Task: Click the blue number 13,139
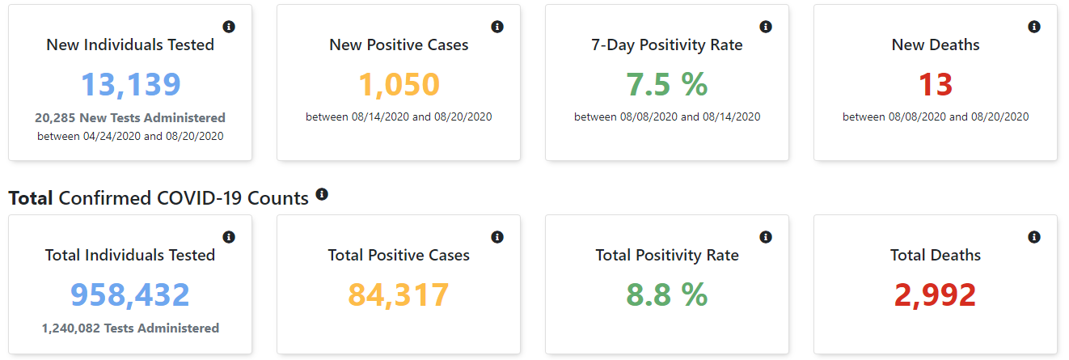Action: tap(130, 85)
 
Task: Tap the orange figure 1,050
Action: tap(399, 85)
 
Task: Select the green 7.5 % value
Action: tap(667, 85)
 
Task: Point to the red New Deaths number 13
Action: tap(936, 85)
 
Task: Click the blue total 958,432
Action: tap(130, 295)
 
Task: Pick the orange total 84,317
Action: tap(399, 295)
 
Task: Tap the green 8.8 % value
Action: tap(667, 295)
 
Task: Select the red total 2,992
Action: tap(936, 295)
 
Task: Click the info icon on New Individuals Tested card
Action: tap(229, 27)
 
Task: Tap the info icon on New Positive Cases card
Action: tap(497, 27)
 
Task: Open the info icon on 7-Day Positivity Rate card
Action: tap(766, 27)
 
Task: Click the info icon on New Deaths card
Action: tap(1034, 27)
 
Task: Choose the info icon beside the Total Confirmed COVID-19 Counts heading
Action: tap(322, 194)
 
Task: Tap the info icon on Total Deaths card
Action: tap(1034, 237)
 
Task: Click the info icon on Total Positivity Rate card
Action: tap(766, 237)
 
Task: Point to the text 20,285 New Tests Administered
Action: tap(130, 118)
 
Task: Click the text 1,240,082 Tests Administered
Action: tap(130, 328)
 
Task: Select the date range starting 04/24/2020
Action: tap(130, 136)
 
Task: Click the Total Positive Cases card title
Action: tap(399, 255)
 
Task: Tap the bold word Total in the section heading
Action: tap(31, 198)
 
